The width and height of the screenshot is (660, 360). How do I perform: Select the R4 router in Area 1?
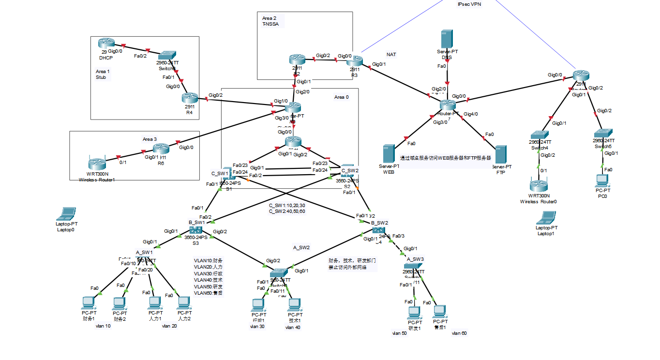[191, 98]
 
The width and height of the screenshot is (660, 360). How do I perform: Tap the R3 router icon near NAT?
[354, 61]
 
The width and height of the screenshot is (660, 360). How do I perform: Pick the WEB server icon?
[389, 154]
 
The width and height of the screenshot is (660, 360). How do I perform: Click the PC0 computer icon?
[602, 181]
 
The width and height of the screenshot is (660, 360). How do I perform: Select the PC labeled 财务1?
[88, 303]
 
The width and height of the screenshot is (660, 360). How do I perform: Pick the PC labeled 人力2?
[183, 303]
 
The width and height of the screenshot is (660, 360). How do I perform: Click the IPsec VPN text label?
[469, 4]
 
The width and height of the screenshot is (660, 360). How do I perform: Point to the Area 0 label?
[341, 97]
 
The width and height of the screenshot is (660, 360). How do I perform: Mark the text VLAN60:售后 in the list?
[208, 293]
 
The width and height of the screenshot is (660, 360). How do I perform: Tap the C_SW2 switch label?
[350, 170]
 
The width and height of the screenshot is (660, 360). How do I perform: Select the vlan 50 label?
[399, 333]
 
